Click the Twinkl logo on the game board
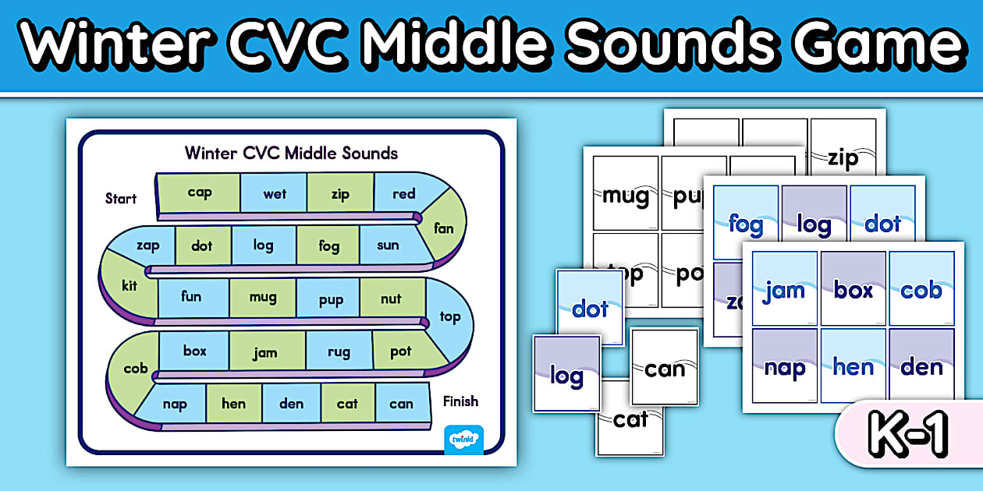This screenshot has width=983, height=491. [x=463, y=440]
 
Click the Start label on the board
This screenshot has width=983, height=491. [x=121, y=198]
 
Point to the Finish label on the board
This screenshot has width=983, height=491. [x=460, y=401]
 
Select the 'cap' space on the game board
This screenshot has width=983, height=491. [x=200, y=193]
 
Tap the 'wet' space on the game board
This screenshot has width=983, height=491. [x=274, y=193]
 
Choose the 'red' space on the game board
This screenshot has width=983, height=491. [x=403, y=193]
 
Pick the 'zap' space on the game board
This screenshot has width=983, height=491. [x=147, y=245]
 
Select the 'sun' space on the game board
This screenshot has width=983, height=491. [x=388, y=245]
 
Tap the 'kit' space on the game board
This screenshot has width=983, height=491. [x=129, y=285]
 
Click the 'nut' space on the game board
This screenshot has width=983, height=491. [x=391, y=298]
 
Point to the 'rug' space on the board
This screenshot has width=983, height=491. [x=339, y=352]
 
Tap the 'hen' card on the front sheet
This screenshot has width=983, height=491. [x=853, y=366]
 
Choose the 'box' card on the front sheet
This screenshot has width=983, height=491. [x=853, y=289]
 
